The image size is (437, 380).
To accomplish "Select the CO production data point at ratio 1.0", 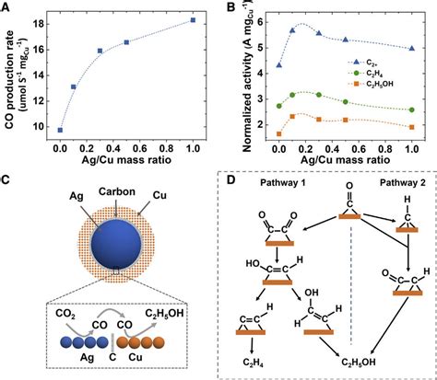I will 192,19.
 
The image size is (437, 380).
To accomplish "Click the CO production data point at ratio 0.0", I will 60,131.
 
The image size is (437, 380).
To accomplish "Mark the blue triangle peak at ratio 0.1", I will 292,30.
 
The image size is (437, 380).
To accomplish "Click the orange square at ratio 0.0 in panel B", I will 279,134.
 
